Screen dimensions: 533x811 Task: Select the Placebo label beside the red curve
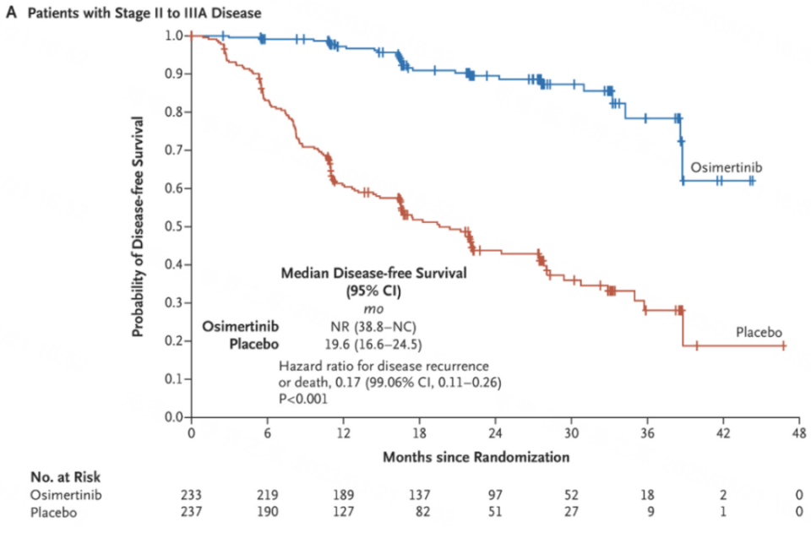pos(757,331)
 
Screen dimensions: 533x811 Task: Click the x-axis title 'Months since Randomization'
pos(476,457)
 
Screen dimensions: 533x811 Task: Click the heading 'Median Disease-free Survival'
pos(373,274)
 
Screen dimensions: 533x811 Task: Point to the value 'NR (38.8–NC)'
pos(373,327)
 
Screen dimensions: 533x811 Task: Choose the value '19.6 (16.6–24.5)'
pos(373,344)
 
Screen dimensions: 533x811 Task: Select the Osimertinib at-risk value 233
pos(191,495)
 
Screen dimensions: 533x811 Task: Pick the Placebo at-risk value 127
pos(343,512)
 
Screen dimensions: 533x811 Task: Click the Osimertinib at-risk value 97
pos(495,495)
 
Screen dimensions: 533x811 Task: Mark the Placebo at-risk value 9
pos(647,512)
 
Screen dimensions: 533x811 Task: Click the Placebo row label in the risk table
pos(52,512)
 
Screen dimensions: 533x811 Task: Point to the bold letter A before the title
pos(11,13)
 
